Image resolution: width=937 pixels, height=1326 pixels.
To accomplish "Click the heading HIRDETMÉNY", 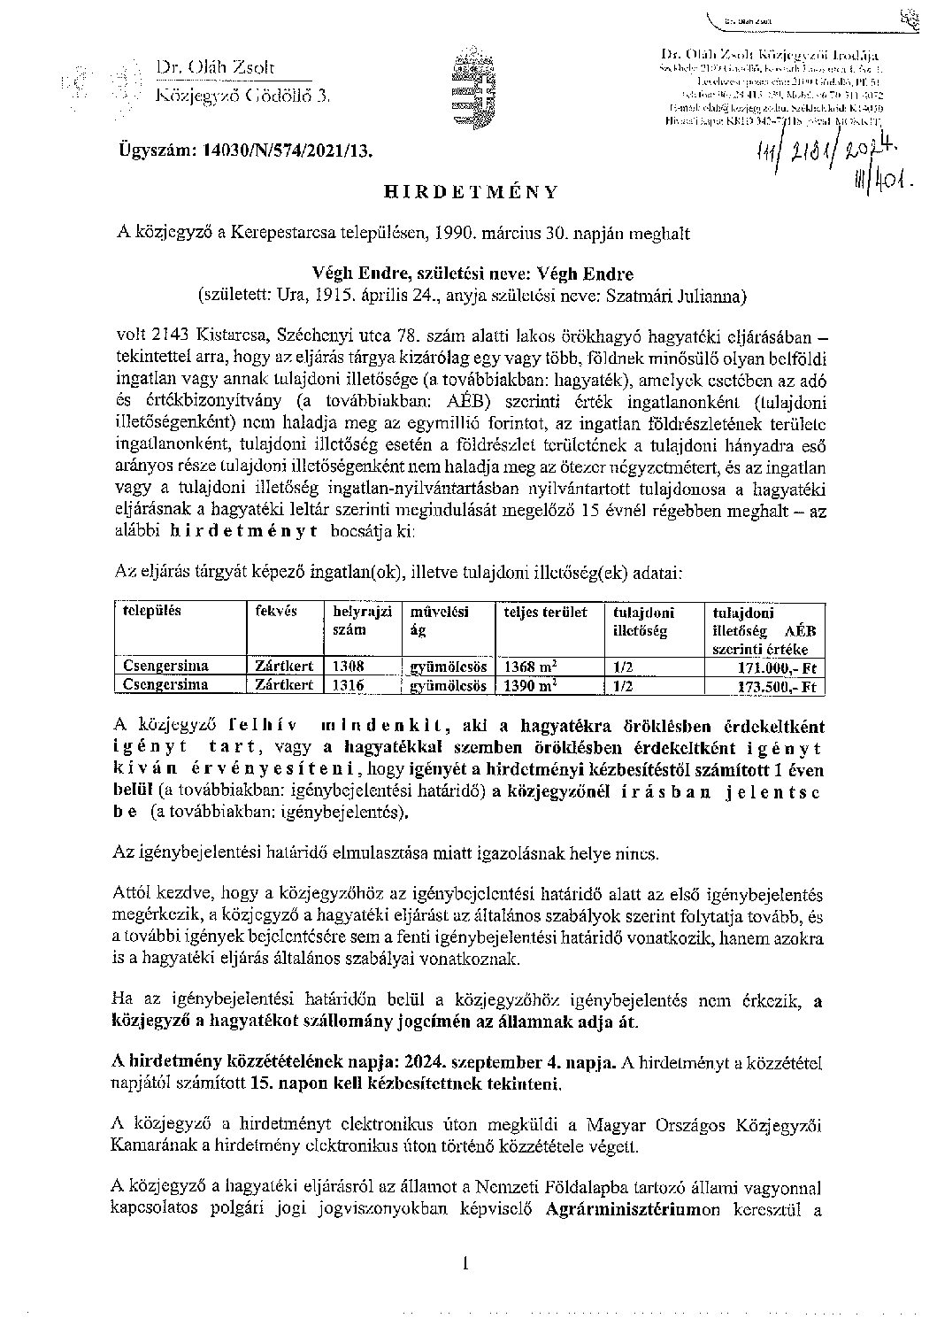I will point(470,191).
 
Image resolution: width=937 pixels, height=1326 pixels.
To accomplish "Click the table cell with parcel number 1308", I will point(344,667).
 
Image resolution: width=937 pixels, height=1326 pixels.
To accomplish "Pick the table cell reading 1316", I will point(344,684).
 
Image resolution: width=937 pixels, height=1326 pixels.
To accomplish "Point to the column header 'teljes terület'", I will point(545,612).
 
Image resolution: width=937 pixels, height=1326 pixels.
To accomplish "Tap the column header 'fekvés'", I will point(276,611).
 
